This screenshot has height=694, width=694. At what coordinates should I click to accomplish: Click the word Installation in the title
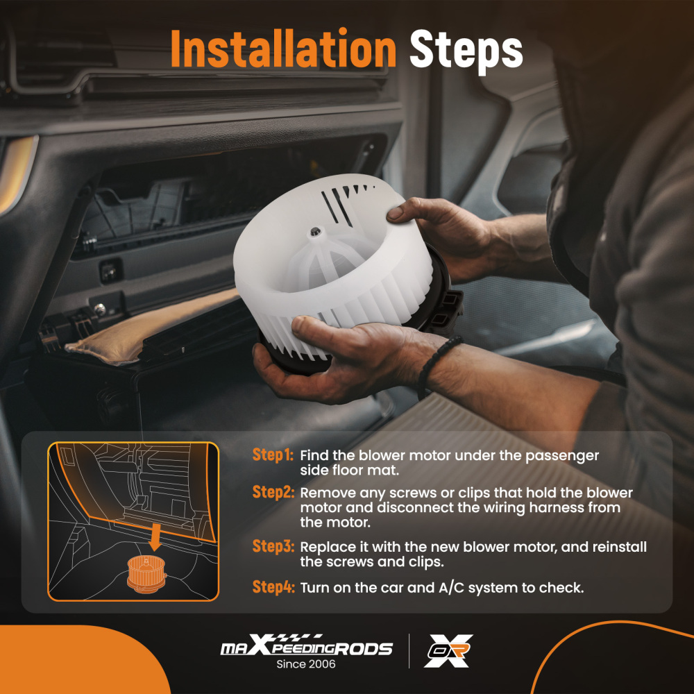283,49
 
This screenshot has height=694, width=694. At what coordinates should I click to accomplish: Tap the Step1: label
273,455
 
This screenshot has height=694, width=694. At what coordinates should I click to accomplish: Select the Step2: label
273,492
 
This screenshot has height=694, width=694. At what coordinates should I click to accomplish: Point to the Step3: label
273,546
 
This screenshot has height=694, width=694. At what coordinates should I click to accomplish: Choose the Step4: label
273,587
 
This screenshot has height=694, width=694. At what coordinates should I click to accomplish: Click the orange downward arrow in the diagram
155,536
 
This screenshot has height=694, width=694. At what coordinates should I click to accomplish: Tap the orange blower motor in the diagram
146,575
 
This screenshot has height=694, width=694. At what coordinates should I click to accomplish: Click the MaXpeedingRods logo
306,645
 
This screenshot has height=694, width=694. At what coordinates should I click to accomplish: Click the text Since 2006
306,664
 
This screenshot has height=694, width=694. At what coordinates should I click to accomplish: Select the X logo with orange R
448,650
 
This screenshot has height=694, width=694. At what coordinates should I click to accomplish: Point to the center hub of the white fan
315,232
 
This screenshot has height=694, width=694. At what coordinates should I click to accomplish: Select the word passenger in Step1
561,457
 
